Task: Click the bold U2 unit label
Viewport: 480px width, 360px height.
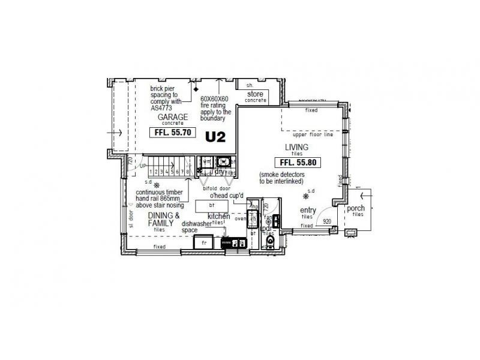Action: pyautogui.click(x=215, y=137)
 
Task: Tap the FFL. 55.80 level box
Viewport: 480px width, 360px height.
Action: pyautogui.click(x=298, y=162)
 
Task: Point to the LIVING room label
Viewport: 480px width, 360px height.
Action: pyautogui.click(x=296, y=148)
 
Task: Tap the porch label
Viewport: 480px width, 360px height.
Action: pyautogui.click(x=356, y=208)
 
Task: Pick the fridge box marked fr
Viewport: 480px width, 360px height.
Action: pyautogui.click(x=204, y=242)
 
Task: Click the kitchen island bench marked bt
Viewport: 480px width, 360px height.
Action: pyautogui.click(x=211, y=205)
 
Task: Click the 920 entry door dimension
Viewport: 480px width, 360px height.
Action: pyautogui.click(x=327, y=221)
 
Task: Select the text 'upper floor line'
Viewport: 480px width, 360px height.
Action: pyautogui.click(x=312, y=135)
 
